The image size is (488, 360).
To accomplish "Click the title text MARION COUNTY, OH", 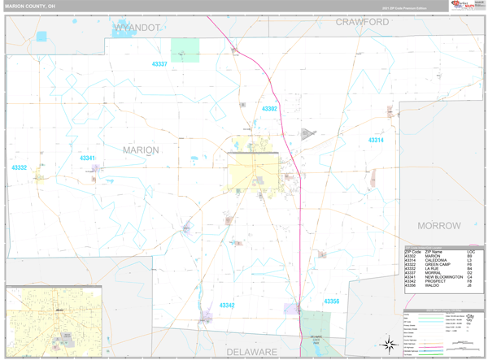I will (31, 6).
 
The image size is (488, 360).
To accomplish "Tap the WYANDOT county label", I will (137, 28).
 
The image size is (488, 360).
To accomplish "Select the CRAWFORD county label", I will (362, 22).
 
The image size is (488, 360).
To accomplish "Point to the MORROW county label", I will (439, 225).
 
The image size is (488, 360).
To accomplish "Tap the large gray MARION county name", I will (141, 150).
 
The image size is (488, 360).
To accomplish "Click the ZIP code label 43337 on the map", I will (159, 63).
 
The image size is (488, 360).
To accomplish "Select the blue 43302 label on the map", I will (269, 108).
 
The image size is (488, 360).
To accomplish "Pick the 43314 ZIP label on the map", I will (375, 140).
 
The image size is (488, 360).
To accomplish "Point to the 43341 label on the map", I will (87, 158).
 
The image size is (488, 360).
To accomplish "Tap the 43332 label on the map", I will (19, 167).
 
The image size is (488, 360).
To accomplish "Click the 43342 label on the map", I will (227, 306).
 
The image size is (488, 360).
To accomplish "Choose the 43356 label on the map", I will (331, 301).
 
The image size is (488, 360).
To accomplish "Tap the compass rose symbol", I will (390, 343).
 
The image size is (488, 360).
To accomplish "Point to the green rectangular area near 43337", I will (185, 50).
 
